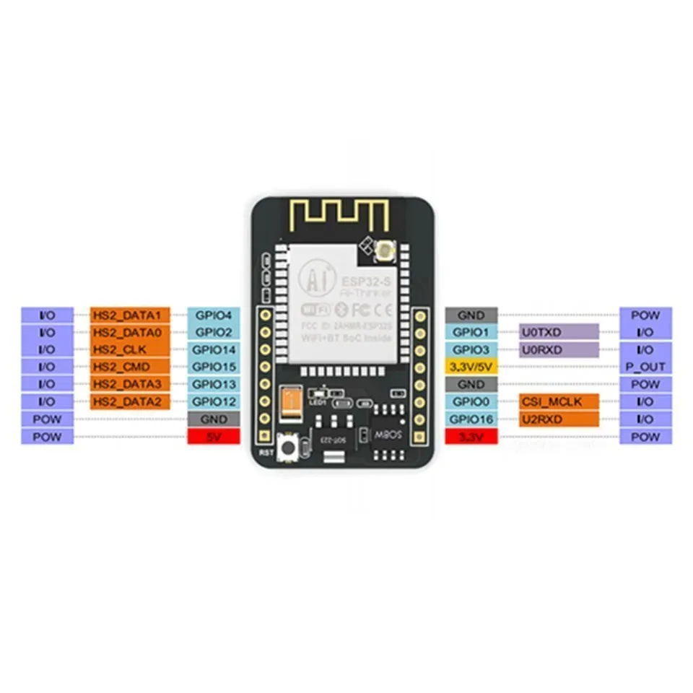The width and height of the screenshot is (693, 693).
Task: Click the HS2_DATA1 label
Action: click(x=131, y=315)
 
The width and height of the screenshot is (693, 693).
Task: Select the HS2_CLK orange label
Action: click(x=131, y=350)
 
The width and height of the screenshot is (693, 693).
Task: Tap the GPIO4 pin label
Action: click(x=213, y=315)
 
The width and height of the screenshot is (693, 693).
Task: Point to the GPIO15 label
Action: click(x=213, y=367)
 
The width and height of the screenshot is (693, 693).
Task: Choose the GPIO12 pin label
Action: click(x=213, y=401)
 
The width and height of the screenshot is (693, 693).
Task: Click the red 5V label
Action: click(x=213, y=437)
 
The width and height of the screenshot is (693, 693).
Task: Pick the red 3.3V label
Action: click(x=471, y=437)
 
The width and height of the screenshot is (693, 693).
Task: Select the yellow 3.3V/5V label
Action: click(x=471, y=367)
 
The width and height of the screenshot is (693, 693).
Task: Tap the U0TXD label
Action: click(x=559, y=332)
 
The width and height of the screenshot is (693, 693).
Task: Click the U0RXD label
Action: click(x=559, y=350)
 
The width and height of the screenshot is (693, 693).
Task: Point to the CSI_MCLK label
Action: click(x=559, y=401)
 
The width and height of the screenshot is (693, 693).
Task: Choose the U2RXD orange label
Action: click(x=559, y=419)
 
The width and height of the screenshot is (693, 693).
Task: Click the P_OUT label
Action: click(x=645, y=367)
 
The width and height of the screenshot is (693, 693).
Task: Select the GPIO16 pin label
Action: click(x=471, y=419)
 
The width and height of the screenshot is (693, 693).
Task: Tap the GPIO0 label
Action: click(x=471, y=401)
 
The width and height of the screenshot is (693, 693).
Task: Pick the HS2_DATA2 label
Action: click(x=131, y=401)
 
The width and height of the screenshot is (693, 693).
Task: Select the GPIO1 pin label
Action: click(x=471, y=332)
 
